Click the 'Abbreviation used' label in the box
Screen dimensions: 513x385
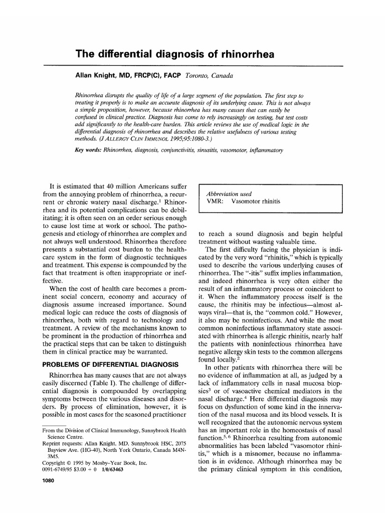(229, 194)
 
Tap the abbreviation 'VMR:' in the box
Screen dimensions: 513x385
(216, 202)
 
